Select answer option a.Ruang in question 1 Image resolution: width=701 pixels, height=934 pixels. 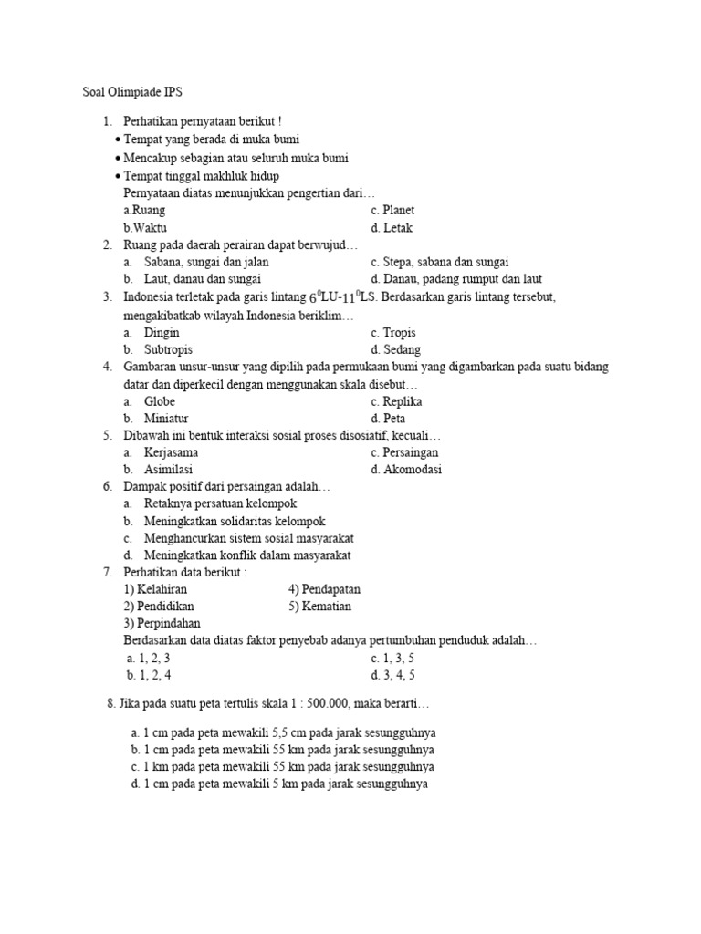[x=142, y=211]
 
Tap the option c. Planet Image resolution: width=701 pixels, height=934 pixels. [x=393, y=211]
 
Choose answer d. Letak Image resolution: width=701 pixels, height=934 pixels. [x=392, y=228]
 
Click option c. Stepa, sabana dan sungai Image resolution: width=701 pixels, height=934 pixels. [x=440, y=262]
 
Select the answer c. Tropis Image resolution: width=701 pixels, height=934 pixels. [x=393, y=333]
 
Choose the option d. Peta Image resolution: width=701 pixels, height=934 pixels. [x=389, y=419]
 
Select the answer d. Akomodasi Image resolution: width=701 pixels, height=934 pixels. [x=406, y=470]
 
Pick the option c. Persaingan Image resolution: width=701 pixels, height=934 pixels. [x=405, y=452]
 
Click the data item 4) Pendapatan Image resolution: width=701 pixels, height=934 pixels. [x=325, y=589]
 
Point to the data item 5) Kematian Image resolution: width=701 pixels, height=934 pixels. [x=319, y=607]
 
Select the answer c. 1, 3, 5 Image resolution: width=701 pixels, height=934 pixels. [x=393, y=659]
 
